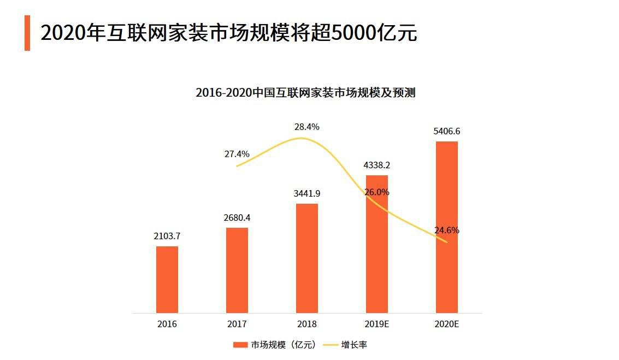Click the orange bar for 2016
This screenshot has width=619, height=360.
point(167,280)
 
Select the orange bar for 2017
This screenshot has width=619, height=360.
point(237,270)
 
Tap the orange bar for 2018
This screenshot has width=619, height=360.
point(307,258)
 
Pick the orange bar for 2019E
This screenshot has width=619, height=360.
point(377,244)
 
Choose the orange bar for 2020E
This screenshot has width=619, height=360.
point(447,227)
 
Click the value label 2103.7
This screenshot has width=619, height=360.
point(167,236)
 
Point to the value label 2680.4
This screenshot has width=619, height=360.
point(237,217)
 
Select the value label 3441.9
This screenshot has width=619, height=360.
point(307,193)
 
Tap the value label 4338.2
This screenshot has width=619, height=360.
point(377,165)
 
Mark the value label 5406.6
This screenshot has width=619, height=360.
point(447,131)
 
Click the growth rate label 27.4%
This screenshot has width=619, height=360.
point(237,154)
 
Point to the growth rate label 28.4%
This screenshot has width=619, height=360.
point(307,127)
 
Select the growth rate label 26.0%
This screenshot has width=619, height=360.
point(377,192)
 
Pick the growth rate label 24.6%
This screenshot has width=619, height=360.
point(447,231)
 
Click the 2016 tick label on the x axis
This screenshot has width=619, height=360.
point(167,324)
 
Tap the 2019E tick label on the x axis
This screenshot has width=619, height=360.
point(377,324)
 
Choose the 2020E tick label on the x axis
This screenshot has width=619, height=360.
point(447,324)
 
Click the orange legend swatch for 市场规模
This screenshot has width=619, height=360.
point(241,345)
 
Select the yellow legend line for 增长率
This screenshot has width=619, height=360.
point(330,345)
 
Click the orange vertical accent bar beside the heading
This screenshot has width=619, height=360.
point(27,33)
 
